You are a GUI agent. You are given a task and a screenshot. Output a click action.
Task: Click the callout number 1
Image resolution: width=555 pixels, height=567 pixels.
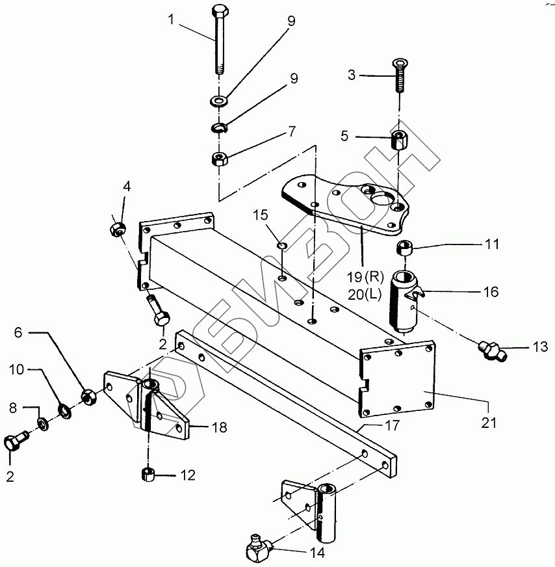[171, 20]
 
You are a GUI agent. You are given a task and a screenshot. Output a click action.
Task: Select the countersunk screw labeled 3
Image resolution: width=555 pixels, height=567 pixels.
[398, 77]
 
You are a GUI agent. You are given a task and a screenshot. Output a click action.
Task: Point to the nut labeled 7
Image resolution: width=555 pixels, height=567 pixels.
[218, 157]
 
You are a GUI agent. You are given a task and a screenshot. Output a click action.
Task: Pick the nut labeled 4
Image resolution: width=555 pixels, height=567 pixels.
[118, 228]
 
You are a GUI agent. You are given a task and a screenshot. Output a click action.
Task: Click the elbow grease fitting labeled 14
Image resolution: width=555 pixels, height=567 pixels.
[258, 550]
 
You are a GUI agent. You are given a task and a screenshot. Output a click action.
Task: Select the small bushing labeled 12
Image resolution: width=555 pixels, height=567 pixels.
[147, 474]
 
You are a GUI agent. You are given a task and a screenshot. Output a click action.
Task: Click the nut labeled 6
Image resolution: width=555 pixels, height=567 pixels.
[88, 394]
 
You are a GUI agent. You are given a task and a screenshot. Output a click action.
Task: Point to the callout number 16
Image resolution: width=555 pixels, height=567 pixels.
[491, 293]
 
